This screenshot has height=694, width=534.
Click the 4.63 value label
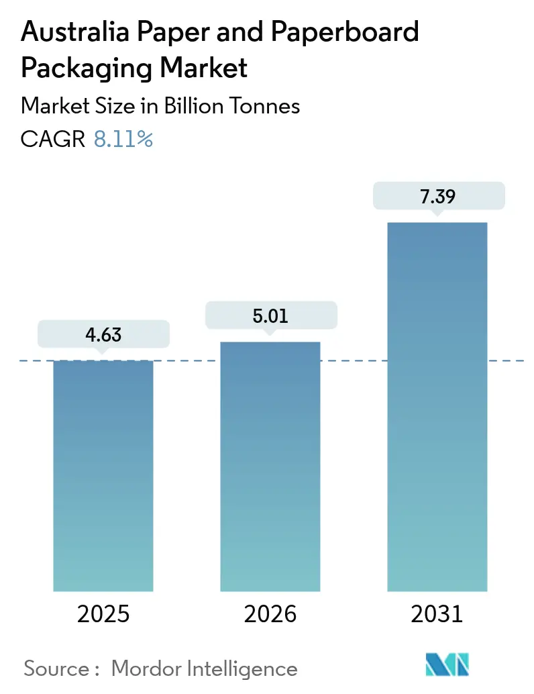pyautogui.click(x=103, y=334)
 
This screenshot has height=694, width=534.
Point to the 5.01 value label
pyautogui.click(x=270, y=315)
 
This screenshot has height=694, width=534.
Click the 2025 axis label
pyautogui.click(x=103, y=613)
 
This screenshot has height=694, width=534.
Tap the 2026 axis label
pyautogui.click(x=270, y=613)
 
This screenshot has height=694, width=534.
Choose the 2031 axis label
pyautogui.click(x=437, y=613)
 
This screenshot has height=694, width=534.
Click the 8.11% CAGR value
pyautogui.click(x=123, y=140)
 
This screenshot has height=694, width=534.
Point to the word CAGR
pyautogui.click(x=53, y=140)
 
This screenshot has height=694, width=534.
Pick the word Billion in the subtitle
pyautogui.click(x=186, y=105)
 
